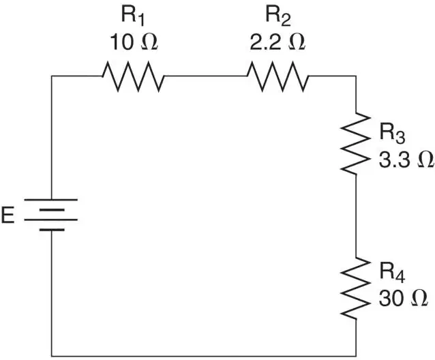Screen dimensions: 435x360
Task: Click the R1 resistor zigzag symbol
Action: [x=133, y=76]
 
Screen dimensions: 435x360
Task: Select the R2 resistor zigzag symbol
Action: [x=277, y=76]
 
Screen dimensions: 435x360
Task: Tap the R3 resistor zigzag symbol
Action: [x=356, y=143]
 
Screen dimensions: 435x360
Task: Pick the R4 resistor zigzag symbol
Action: [x=356, y=288]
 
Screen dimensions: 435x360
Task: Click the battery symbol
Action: [x=51, y=215]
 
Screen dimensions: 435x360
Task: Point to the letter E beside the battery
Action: [x=7, y=215]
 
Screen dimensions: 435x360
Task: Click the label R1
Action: [x=133, y=16]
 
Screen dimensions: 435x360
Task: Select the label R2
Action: [x=278, y=16]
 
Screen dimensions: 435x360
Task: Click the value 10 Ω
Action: [x=134, y=42]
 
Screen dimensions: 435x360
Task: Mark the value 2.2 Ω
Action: [x=277, y=42]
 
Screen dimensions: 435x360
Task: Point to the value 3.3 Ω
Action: [x=406, y=160]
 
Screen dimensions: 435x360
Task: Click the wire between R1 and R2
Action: [x=206, y=76]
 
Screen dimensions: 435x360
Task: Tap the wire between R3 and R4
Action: [x=356, y=216]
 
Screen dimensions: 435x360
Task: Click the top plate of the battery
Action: [x=51, y=199]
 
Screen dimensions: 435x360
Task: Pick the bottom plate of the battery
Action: [x=52, y=230]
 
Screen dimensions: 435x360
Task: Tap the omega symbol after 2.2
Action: [x=297, y=42]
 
